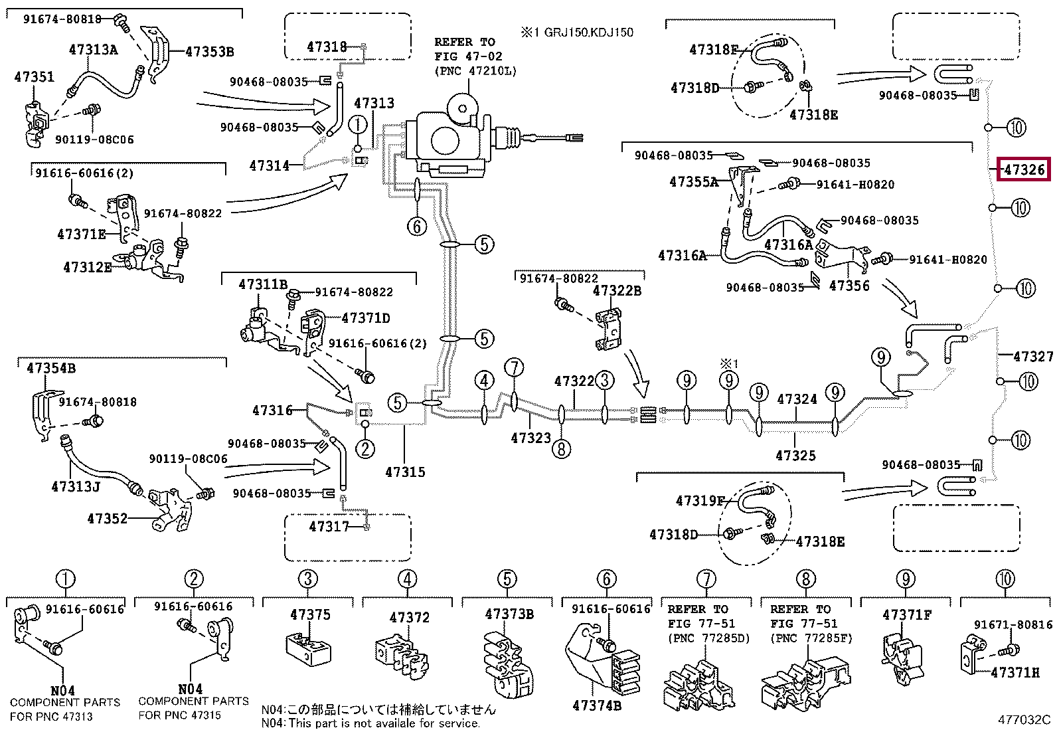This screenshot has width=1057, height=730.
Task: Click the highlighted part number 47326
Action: pos(1024,170)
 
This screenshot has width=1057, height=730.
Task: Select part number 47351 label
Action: pos(34,77)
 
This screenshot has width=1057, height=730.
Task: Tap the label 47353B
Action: pos(209,52)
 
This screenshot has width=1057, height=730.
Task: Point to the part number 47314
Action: pos(269,166)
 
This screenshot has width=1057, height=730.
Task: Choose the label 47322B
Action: pos(617,291)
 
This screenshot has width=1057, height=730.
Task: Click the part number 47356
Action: pos(849,286)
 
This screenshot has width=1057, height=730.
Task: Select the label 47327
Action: pos(1033,357)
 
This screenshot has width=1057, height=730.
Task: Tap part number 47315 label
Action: pos(405,472)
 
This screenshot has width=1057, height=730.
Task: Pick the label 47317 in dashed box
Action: pos(329,527)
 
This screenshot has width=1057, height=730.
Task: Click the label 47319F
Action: pos(700,501)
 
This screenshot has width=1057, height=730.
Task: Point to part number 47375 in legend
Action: pos(310,614)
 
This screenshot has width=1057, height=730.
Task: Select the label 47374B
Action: pos(597,706)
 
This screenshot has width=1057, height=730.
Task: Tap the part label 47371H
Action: pos(1015,673)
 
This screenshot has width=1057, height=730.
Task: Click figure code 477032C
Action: pos(1024,719)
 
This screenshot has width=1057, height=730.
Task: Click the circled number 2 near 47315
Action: pos(365,449)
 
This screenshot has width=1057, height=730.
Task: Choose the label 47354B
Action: pos(51,368)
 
